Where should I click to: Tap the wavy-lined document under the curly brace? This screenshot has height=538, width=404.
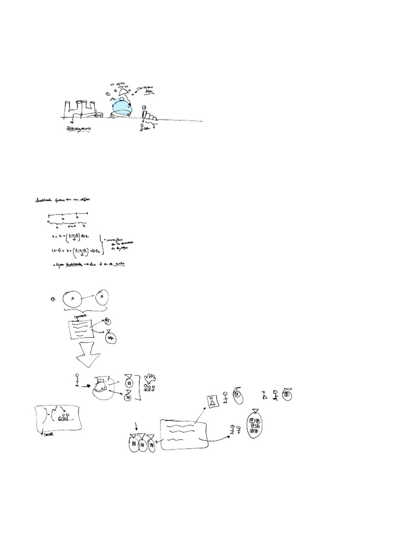click(80, 329)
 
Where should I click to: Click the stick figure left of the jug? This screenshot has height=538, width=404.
click(77, 379)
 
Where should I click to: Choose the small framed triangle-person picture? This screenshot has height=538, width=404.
click(212, 402)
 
